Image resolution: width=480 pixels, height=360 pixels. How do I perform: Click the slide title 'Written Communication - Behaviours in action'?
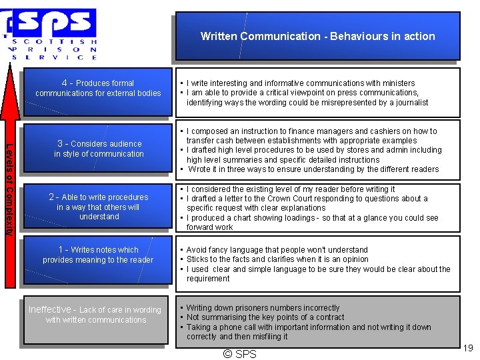[317, 36]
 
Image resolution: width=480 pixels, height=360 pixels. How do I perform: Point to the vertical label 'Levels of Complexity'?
[9, 189]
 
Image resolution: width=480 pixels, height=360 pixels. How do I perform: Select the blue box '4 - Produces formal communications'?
[98, 88]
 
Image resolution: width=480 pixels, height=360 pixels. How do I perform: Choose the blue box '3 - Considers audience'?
[99, 148]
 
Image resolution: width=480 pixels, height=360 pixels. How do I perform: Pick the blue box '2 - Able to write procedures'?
[99, 206]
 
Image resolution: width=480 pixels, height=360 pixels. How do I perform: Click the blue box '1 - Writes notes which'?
[98, 255]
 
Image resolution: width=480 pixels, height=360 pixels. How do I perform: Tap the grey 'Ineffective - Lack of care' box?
[95, 315]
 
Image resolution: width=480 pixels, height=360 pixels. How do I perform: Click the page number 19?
[467, 347]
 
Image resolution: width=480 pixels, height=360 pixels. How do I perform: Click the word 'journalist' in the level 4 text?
[409, 103]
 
